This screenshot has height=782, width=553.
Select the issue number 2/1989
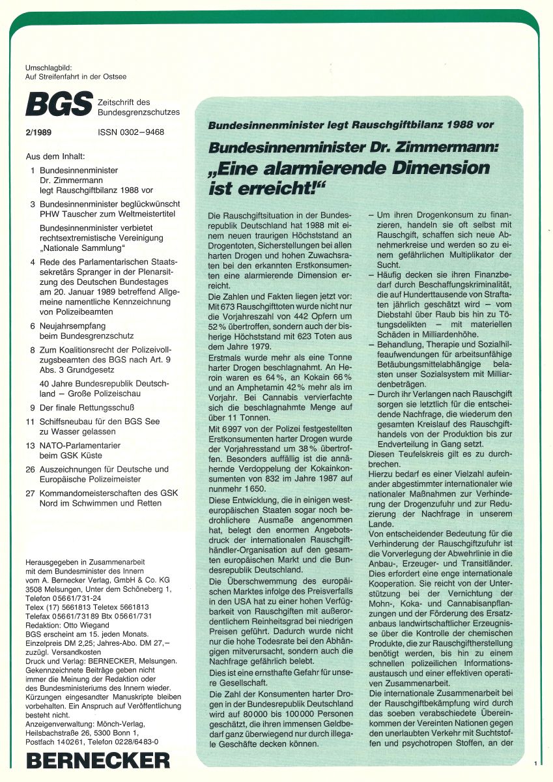39,132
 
